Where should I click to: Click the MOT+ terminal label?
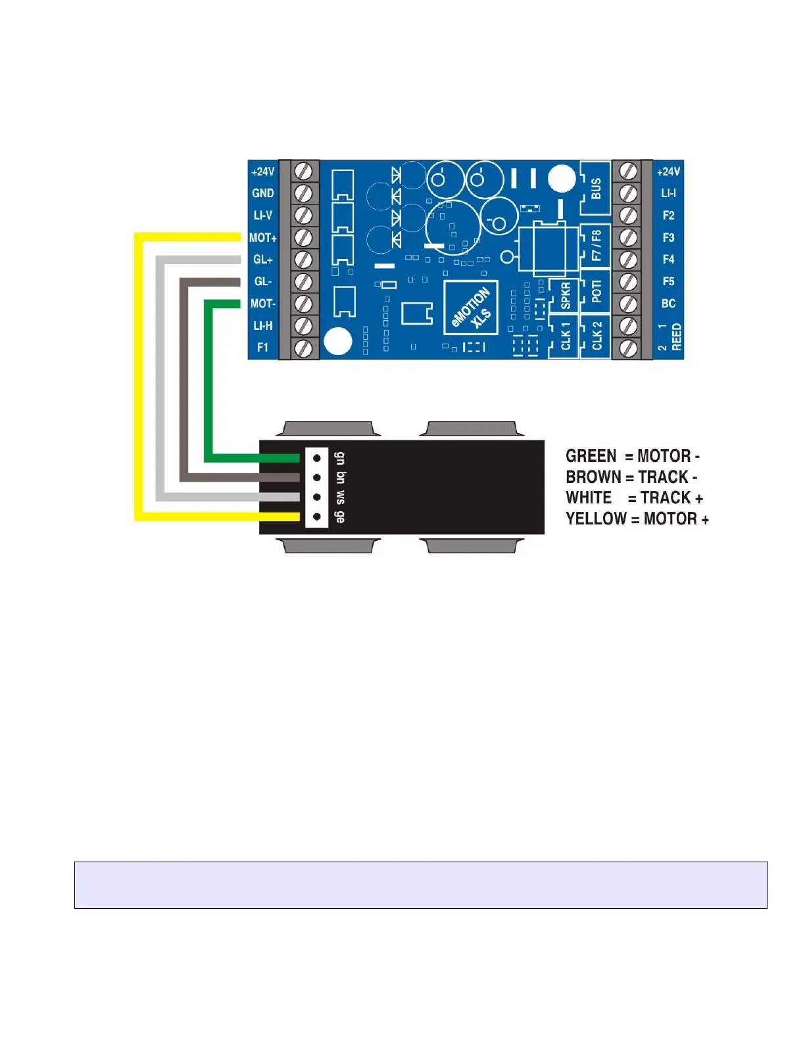tap(262, 238)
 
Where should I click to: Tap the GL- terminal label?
tap(262, 281)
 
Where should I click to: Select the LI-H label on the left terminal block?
tap(262, 325)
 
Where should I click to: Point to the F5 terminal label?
tap(668, 281)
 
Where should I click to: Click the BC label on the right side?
tap(668, 304)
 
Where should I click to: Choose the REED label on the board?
tap(676, 337)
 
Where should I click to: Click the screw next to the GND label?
tap(303, 193)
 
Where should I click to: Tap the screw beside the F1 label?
tap(303, 348)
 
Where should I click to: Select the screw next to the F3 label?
tap(629, 237)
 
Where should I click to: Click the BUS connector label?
tap(596, 189)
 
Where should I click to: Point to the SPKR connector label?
tap(565, 296)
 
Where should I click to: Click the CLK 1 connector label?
tap(565, 336)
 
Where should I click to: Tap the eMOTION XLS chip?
tap(471, 308)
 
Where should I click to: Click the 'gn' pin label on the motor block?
tap(339, 457)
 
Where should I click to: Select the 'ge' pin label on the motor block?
tap(339, 517)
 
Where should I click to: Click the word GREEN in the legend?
tap(591, 456)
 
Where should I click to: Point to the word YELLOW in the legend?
tap(596, 519)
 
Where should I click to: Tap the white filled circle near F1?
tap(338, 341)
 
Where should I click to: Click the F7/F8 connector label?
tap(597, 245)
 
